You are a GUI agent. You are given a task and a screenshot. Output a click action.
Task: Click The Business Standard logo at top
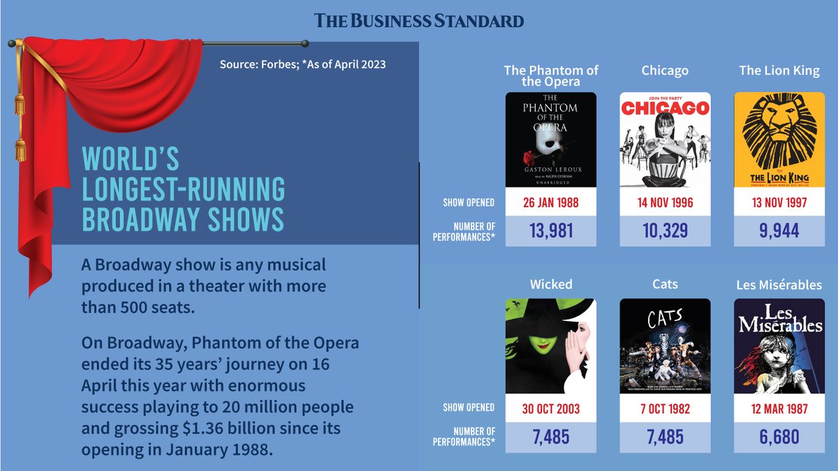pyautogui.click(x=419, y=20)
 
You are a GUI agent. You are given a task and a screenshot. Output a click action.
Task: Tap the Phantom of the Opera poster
pyautogui.click(x=551, y=140)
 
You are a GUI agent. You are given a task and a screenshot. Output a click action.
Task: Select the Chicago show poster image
pyautogui.click(x=665, y=140)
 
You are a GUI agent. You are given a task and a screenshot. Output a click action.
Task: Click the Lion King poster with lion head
pyautogui.click(x=779, y=140)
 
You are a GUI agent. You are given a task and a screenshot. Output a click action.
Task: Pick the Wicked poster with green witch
pyautogui.click(x=551, y=346)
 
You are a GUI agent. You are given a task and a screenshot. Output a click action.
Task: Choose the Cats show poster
pyautogui.click(x=665, y=346)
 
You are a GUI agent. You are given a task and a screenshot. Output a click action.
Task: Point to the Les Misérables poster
pyautogui.click(x=779, y=346)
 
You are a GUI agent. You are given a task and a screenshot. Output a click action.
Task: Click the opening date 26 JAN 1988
pyautogui.click(x=551, y=203)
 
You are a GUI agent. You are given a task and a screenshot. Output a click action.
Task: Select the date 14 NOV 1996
pyautogui.click(x=665, y=203)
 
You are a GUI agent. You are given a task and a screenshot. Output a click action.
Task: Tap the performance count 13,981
pyautogui.click(x=551, y=231)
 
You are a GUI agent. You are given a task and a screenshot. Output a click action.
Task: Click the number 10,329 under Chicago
pyautogui.click(x=665, y=231)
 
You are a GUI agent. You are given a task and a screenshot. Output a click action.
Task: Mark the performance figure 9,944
pyautogui.click(x=779, y=231)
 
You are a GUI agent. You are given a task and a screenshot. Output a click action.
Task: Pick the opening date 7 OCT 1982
pyautogui.click(x=665, y=408)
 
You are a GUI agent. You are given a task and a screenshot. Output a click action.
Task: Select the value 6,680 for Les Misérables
pyautogui.click(x=779, y=438)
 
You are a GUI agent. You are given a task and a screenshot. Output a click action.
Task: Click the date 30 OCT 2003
pyautogui.click(x=551, y=408)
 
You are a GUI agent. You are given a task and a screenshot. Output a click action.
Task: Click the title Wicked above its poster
pyautogui.click(x=551, y=284)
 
